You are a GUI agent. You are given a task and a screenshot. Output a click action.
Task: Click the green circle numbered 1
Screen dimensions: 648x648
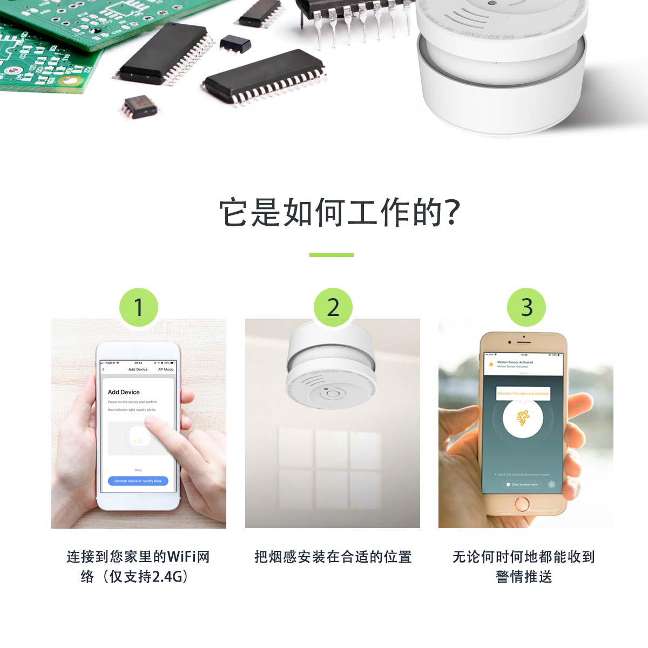tap(138, 307)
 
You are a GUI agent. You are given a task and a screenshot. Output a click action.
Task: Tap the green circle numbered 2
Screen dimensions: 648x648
tap(333, 307)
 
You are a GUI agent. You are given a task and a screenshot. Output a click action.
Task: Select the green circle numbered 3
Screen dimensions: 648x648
tap(526, 307)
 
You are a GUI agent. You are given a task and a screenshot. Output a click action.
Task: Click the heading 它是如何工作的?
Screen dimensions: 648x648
tap(339, 212)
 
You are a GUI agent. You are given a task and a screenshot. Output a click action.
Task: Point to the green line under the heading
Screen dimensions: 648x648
tap(331, 255)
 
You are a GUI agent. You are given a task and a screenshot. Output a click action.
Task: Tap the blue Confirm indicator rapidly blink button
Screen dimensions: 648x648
tap(138, 481)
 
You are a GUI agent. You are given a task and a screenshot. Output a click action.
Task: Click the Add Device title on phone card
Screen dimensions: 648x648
tap(124, 392)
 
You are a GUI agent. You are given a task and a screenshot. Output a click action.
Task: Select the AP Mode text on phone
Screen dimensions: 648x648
tap(166, 369)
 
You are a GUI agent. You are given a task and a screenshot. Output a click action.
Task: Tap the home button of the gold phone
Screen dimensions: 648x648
tap(522, 504)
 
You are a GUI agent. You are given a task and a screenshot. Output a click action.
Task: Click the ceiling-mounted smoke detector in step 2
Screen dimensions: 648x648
tap(331, 373)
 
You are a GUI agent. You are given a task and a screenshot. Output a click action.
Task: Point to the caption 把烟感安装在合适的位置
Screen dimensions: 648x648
tap(333, 557)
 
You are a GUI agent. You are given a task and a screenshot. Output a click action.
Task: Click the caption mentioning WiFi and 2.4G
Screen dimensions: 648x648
tap(138, 566)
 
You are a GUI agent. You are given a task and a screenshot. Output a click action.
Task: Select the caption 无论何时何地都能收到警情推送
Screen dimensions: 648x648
tap(523, 566)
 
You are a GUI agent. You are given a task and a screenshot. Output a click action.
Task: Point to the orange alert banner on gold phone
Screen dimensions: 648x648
tap(523, 394)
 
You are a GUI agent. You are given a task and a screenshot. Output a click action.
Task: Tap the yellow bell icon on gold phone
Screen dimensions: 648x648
tap(491, 364)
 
